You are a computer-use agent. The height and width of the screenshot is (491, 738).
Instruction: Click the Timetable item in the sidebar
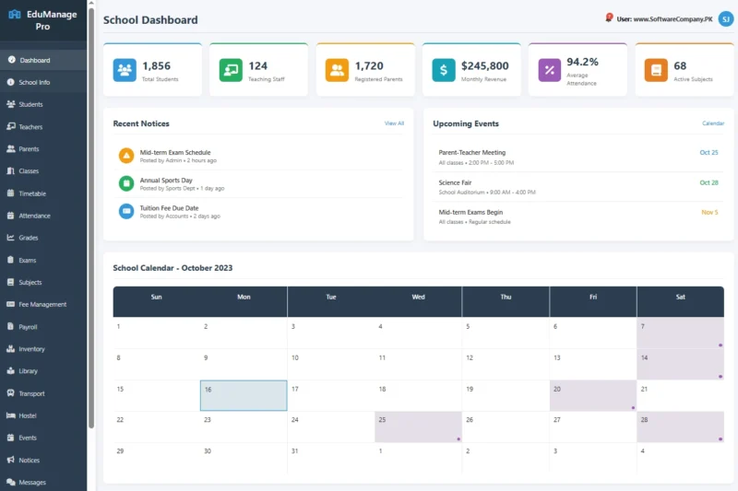point(32,193)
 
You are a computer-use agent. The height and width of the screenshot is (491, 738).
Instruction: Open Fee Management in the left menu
point(42,304)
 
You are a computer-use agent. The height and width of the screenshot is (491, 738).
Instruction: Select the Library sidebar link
point(28,371)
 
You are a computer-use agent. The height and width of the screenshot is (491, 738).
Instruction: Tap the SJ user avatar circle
point(725,19)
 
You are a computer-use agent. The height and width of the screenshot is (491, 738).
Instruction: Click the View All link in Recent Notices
point(394,123)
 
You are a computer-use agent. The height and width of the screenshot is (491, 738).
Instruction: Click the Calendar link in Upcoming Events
point(713,123)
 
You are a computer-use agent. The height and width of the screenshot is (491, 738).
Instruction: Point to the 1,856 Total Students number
point(156,65)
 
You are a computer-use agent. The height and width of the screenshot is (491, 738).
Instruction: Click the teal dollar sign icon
point(444,70)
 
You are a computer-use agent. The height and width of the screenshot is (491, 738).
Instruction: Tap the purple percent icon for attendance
point(550,70)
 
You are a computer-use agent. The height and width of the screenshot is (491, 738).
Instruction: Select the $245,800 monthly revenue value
point(484,65)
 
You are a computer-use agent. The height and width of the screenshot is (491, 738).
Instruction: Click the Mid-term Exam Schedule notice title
point(175,152)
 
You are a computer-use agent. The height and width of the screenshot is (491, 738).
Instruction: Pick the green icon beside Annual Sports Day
point(126,183)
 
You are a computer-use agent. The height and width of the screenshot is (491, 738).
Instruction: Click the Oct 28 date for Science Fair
point(708,182)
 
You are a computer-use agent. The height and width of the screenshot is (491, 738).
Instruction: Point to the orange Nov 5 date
point(709,212)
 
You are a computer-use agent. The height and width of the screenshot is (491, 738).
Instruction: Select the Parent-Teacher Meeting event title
point(472,152)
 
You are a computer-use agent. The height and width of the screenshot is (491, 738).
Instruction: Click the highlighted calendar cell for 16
point(244,395)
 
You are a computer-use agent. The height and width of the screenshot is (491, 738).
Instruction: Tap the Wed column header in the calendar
point(418,297)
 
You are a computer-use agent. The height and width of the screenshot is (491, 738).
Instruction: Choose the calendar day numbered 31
point(293,450)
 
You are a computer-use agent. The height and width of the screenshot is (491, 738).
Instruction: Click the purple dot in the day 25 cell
point(458,438)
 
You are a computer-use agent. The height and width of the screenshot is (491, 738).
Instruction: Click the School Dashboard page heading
point(150,19)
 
